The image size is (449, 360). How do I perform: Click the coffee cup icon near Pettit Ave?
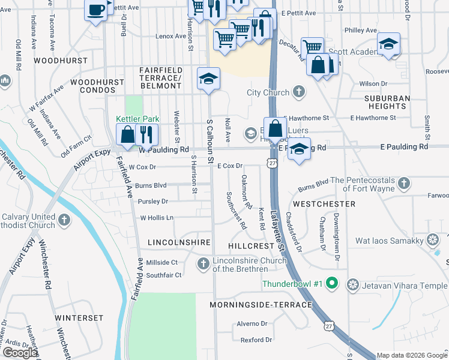pos(96,10)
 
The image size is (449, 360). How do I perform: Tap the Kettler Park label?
pos(137,119)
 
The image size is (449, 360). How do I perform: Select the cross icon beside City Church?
pos(299,92)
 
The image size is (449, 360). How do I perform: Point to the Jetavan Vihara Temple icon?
pos(354,283)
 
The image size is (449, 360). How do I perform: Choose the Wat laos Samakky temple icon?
pos(432,241)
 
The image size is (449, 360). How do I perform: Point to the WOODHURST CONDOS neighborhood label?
pos(92,86)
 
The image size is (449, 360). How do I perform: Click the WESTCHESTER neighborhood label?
pos(325,204)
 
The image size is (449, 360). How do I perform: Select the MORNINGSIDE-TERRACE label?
pos(261,305)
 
